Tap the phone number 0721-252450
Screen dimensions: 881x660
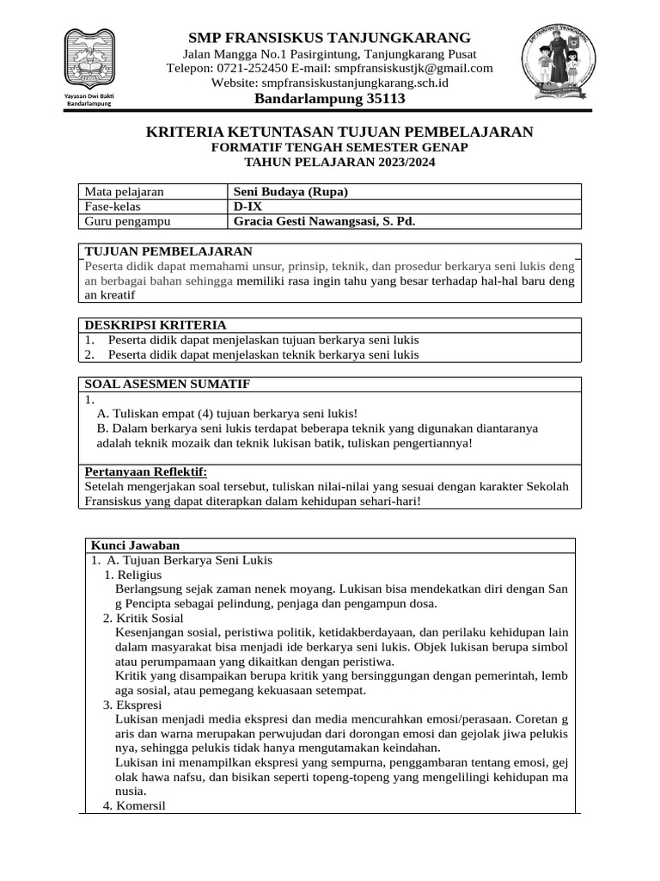click(x=254, y=68)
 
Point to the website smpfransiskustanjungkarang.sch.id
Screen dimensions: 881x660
click(x=353, y=83)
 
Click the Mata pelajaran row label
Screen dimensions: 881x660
click(x=124, y=192)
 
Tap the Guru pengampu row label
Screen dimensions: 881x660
click(x=127, y=221)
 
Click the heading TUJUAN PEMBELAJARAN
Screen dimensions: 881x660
click(x=168, y=251)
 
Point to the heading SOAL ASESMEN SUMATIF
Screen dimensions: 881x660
click(x=167, y=384)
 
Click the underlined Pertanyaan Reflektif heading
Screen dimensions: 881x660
click(x=146, y=471)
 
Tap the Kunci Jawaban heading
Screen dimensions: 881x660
click(x=135, y=545)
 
